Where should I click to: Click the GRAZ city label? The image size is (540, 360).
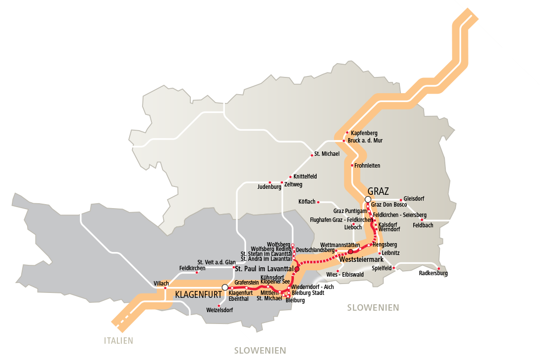(378, 191)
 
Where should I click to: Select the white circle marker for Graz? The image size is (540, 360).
(367, 199)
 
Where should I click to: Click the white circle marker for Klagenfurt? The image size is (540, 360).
(225, 287)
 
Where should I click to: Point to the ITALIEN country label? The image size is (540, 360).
(118, 340)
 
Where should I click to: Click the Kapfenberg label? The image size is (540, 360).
(364, 133)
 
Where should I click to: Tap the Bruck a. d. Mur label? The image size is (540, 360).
(365, 141)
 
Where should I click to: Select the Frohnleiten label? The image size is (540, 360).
(367, 166)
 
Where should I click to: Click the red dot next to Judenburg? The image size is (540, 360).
(270, 182)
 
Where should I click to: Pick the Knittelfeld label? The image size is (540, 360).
(305, 176)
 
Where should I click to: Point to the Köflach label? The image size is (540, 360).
(307, 202)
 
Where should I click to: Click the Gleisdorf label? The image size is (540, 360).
(414, 199)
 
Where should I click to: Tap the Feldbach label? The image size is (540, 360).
(423, 225)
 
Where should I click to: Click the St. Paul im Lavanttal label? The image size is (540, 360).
(264, 269)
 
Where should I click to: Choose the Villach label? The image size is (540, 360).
(161, 284)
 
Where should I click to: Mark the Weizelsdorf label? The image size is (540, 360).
(219, 310)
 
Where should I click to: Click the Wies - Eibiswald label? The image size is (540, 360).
(345, 274)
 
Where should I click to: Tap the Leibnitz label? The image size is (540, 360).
(391, 253)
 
